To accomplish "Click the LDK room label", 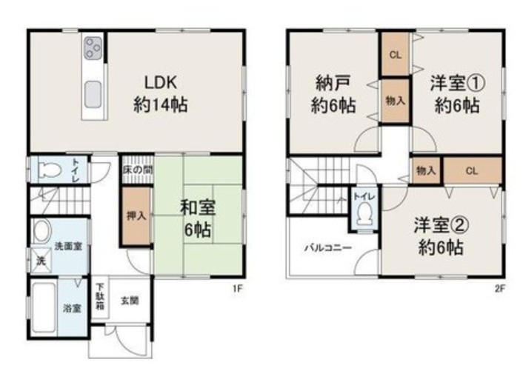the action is point(160,83).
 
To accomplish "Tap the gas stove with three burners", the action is point(93,48).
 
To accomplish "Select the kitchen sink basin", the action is point(93,95).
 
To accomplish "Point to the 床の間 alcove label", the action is point(138,170).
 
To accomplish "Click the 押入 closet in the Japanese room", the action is point(137,216).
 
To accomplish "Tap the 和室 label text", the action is point(198,207).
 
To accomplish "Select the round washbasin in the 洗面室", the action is point(43,231).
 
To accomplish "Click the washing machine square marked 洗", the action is point(41,261).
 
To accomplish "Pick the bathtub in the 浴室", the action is point(44,307).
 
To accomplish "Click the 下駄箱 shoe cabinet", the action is point(100,297).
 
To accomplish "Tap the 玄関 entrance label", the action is point(130,301).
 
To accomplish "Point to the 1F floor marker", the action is point(237,289).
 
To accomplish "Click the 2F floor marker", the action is point(499,289).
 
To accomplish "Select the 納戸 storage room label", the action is point(333,84).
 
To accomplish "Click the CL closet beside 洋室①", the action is point(396,55).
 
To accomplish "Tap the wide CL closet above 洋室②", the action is point(473,171).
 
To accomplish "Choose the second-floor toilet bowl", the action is point(364,215).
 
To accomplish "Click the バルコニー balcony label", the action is point(328,248).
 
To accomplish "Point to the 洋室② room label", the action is point(442,225).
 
